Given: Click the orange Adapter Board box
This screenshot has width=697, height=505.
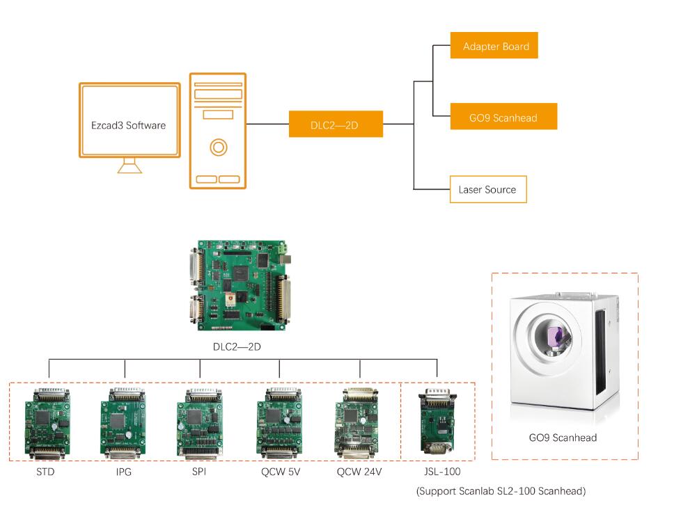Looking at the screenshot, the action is (x=494, y=45).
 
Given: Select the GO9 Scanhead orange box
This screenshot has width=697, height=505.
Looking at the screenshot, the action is (x=503, y=116).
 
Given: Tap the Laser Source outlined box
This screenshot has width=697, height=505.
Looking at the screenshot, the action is (x=488, y=190).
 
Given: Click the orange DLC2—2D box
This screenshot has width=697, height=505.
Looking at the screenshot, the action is (x=336, y=124).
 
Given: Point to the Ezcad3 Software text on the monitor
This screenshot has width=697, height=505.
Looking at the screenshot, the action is (x=128, y=125).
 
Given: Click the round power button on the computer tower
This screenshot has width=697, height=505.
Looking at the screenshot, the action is (x=218, y=147).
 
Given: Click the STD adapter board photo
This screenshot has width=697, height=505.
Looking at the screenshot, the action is (x=47, y=424).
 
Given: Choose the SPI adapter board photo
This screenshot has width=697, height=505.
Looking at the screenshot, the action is (x=200, y=424).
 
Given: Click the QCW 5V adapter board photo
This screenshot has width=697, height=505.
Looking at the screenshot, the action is (x=280, y=424).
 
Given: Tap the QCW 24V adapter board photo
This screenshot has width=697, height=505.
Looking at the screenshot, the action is (x=357, y=424).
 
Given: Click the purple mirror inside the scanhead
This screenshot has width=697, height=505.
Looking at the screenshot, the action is (x=555, y=336).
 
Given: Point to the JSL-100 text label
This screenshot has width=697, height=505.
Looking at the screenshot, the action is (x=442, y=472).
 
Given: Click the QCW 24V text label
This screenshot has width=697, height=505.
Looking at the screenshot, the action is (x=359, y=472).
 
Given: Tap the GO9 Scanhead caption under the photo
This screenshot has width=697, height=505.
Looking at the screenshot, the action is (x=563, y=438).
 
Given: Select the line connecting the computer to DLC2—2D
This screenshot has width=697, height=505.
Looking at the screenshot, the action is (x=267, y=124).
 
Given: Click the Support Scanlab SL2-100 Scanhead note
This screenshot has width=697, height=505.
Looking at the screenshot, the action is (x=501, y=491).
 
